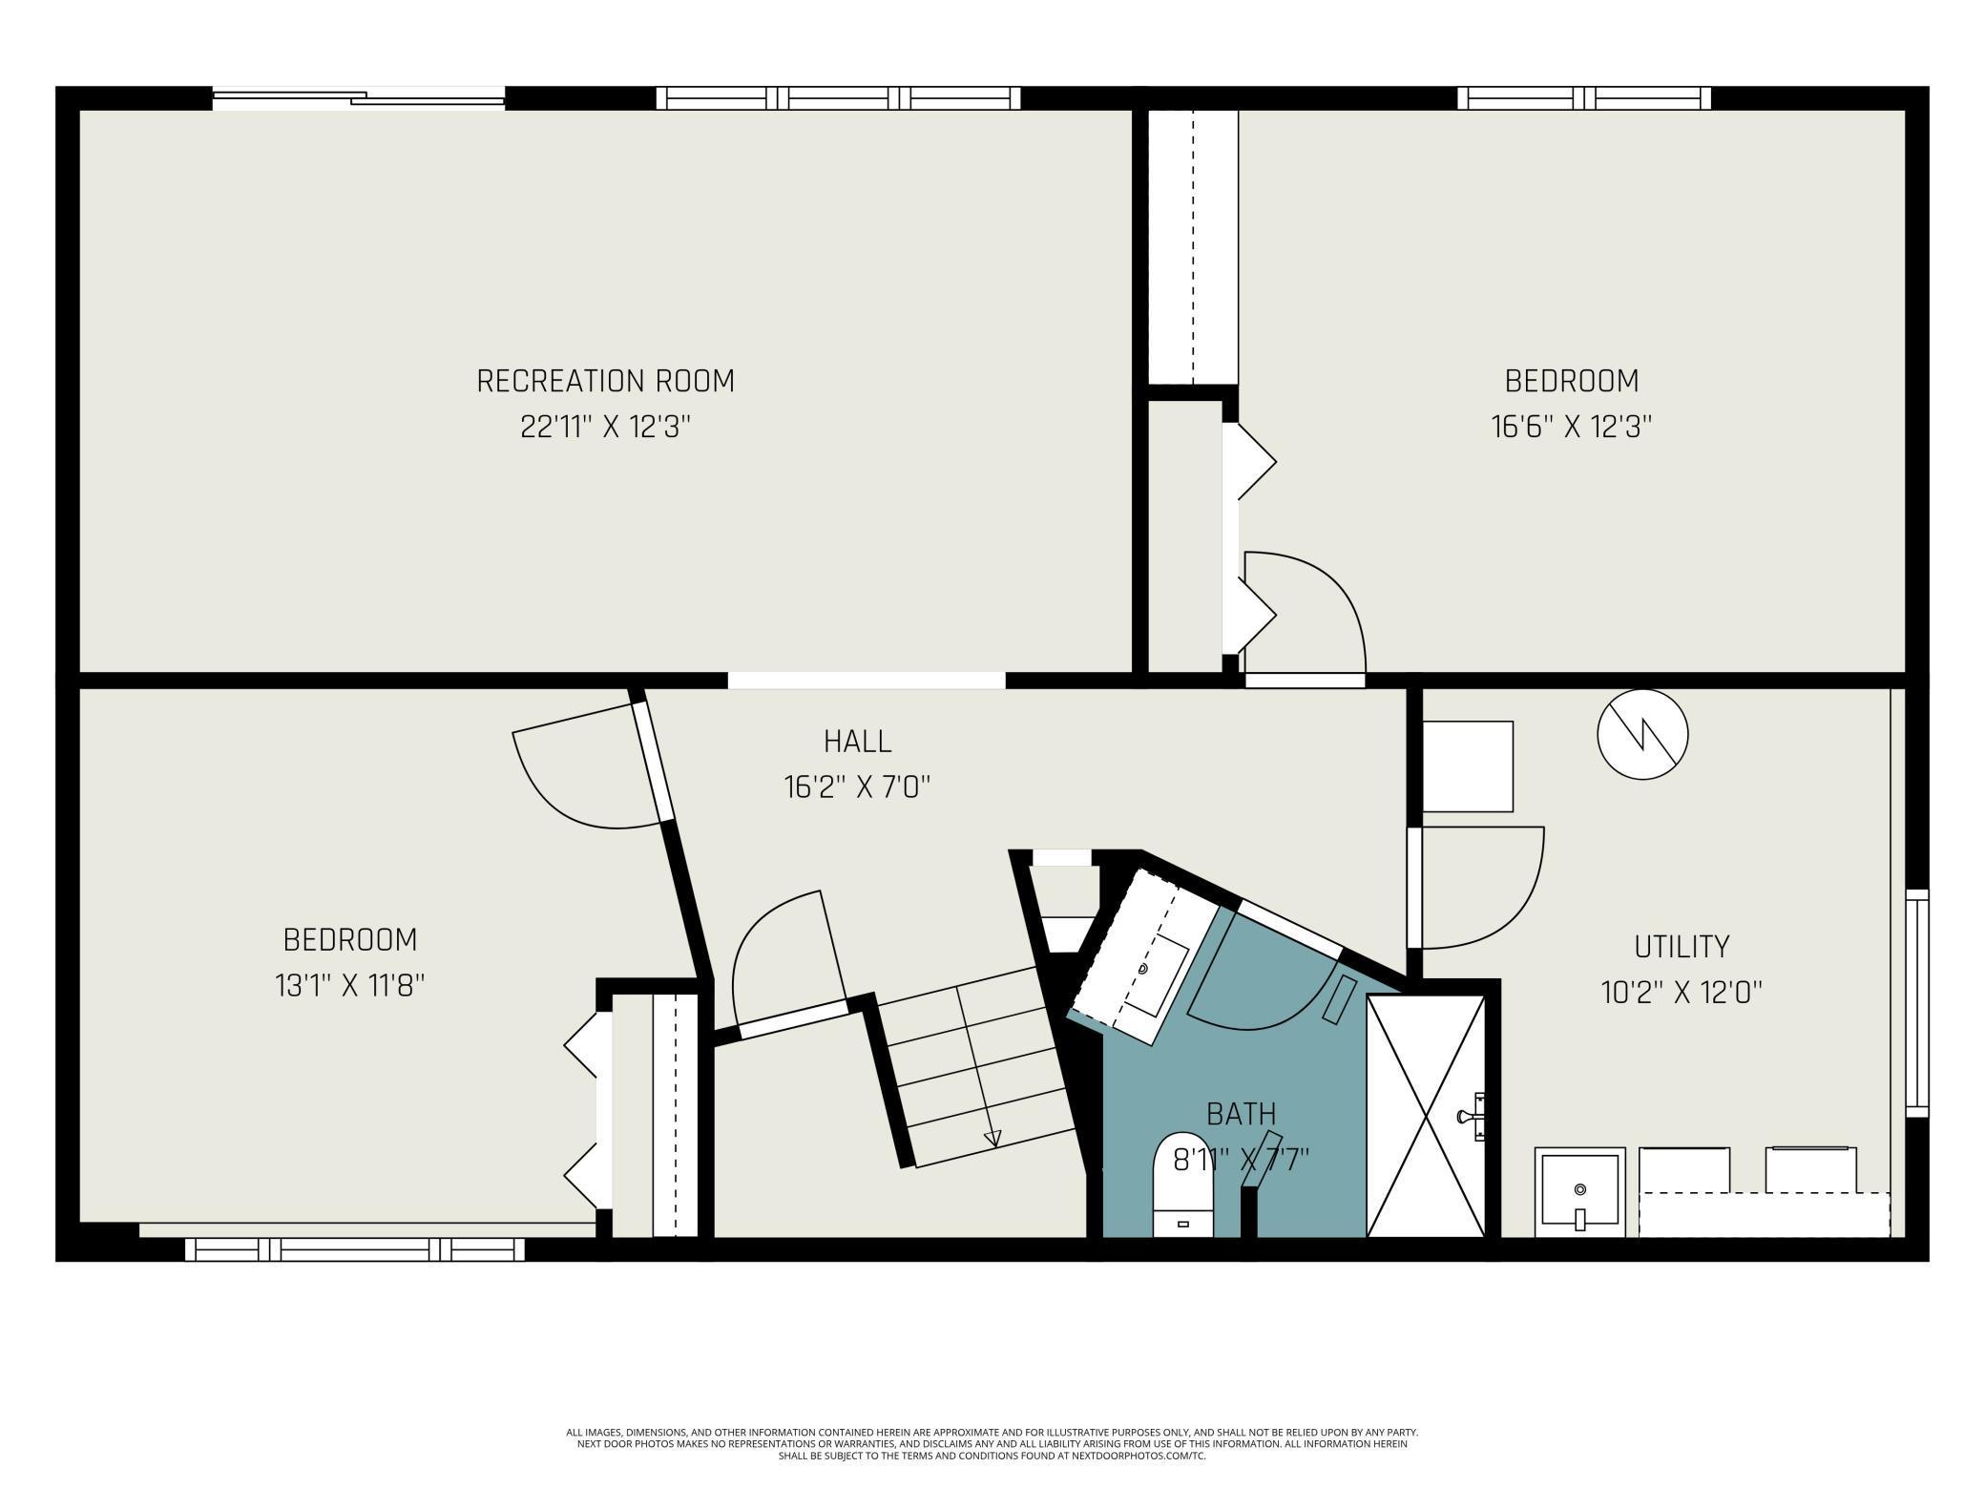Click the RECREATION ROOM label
coord(605,381)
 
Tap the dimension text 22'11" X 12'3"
coord(605,427)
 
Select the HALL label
coord(857,742)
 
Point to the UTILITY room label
coord(1682,947)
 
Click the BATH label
coord(1241,1114)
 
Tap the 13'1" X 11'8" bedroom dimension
coord(350,985)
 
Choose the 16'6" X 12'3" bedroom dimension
coord(1572,427)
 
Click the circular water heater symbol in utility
coord(1642,734)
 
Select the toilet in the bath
coord(1182,1185)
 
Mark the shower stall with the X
coord(1426,1116)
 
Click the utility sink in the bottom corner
coord(1579,1192)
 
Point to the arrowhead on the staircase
coord(992,1138)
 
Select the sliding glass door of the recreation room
coord(358,97)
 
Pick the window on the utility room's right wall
coord(1917,1003)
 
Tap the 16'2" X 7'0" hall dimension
coord(857,787)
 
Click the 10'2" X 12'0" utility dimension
coord(1682,993)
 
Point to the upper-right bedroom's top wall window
coord(1584,97)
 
